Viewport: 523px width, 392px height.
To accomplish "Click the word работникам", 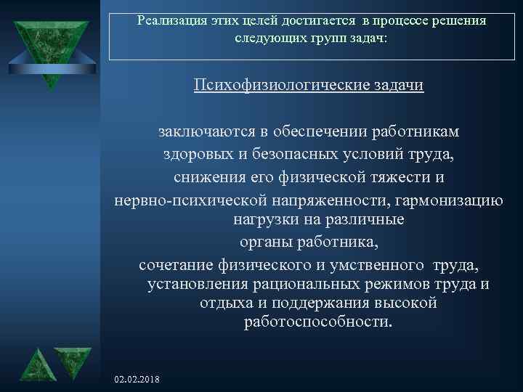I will [x=415, y=132].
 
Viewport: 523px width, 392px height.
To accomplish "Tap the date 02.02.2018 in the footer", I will [x=137, y=380].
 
